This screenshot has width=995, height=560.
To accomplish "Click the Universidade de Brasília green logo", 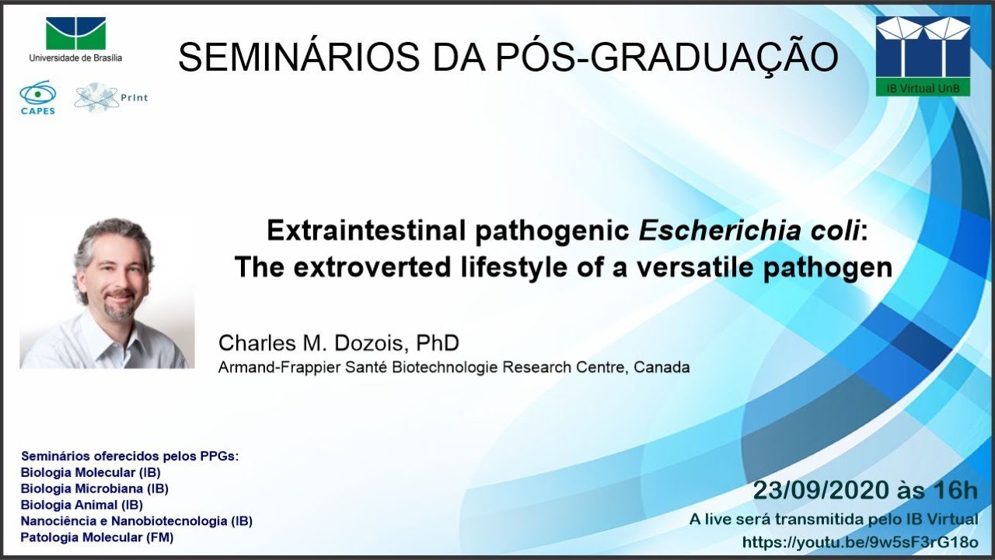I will pos(75,33).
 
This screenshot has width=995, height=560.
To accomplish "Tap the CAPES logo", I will pos(37,97).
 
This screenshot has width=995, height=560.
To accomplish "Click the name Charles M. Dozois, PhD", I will pos(338,342).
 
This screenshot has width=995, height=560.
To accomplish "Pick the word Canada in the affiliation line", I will pos(662,367).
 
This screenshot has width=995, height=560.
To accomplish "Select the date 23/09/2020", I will pos(819,491).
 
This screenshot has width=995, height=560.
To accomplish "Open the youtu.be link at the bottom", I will pos(860,542).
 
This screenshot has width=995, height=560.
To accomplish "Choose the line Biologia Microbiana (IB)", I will pos(94,488).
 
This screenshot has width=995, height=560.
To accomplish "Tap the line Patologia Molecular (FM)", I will pos(96,537).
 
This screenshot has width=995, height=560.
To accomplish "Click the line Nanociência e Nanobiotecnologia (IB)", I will pos(136,521).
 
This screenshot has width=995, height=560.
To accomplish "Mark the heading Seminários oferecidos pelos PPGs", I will pos(129,456).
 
